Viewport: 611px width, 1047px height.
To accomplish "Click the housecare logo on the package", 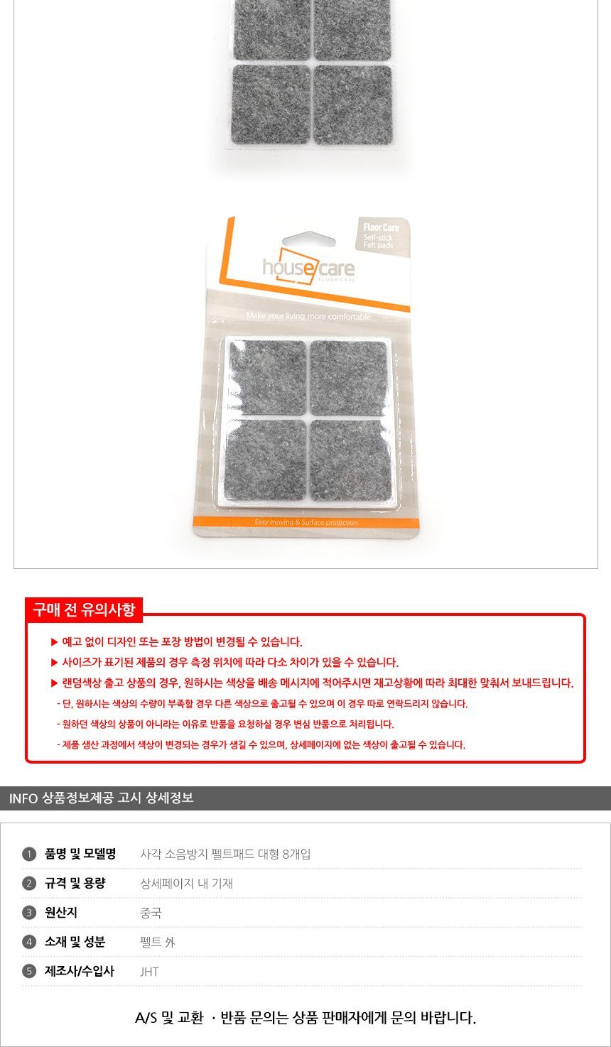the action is click(x=308, y=267).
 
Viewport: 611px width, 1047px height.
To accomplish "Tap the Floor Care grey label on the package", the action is click(x=382, y=237).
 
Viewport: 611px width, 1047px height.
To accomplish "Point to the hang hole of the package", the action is click(x=308, y=239).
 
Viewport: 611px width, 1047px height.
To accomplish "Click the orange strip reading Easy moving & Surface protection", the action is click(x=306, y=522).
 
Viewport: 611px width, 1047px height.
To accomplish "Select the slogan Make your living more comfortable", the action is click(x=308, y=316).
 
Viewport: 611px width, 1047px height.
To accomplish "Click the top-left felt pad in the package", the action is click(x=267, y=376).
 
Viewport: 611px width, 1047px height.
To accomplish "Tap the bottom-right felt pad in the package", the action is click(x=350, y=460).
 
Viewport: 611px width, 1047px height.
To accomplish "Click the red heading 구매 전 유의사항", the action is click(x=84, y=609).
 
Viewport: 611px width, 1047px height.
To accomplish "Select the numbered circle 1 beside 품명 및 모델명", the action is click(x=29, y=855).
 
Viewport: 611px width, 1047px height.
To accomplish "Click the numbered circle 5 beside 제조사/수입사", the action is click(x=29, y=971).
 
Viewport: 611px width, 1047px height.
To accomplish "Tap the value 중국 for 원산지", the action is click(x=151, y=913).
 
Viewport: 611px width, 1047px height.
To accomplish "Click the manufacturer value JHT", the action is click(x=150, y=972).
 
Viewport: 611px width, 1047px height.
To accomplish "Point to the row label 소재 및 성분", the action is click(x=75, y=942).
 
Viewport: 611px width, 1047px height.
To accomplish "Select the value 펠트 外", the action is click(x=158, y=943).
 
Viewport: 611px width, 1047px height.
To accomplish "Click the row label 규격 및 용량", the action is click(x=75, y=884).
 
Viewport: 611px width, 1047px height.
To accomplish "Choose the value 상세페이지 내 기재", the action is click(x=187, y=884).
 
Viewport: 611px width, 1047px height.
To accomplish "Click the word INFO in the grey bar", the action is click(x=23, y=798).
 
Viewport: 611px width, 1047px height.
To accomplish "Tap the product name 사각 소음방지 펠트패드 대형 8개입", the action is click(x=225, y=855).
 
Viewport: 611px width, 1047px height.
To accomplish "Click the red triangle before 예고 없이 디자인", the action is click(x=54, y=642).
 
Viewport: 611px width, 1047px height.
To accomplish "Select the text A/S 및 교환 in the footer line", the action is click(x=169, y=1018).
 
